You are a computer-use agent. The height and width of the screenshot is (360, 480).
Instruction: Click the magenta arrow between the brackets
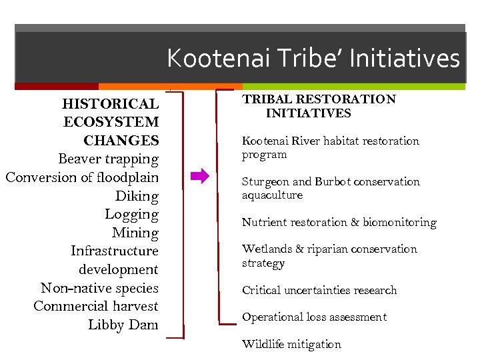point(199,177)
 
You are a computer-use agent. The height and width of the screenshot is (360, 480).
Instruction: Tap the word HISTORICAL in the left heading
point(110,104)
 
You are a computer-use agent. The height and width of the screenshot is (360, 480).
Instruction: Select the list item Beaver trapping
point(108,159)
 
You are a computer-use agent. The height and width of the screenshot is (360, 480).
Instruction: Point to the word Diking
point(137,196)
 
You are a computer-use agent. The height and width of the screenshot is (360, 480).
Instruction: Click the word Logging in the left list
point(131,215)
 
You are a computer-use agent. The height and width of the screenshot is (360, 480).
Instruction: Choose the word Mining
point(135,233)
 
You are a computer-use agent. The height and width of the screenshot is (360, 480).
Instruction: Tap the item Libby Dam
point(123,325)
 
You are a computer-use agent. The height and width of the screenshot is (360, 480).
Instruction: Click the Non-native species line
point(99,288)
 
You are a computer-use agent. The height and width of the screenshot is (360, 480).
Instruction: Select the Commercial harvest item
point(95,306)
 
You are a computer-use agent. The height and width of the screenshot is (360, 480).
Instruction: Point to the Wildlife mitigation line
point(291,345)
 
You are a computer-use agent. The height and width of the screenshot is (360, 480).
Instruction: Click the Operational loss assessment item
point(314,317)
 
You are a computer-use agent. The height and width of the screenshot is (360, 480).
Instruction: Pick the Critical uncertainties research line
point(319,290)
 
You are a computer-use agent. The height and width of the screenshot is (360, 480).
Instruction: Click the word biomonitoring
point(399,222)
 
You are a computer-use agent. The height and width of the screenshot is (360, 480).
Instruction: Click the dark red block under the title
point(56,87)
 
